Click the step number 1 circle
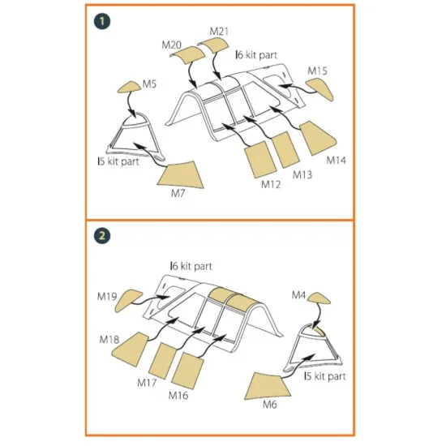[102, 21]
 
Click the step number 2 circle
[102, 235]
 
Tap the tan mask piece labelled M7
[182, 175]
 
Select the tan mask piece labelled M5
[130, 87]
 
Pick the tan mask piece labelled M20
[188, 54]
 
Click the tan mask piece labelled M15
[320, 88]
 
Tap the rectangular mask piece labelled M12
[260, 159]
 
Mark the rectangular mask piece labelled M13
[285, 149]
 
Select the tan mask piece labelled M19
[127, 300]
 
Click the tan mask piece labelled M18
[131, 349]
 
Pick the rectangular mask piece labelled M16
[187, 371]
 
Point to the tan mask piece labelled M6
[267, 386]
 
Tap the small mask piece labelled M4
[319, 298]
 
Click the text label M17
[147, 383]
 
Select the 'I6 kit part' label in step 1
[256, 55]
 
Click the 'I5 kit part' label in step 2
[325, 376]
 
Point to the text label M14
[337, 160]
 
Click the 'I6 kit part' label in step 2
[191, 266]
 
